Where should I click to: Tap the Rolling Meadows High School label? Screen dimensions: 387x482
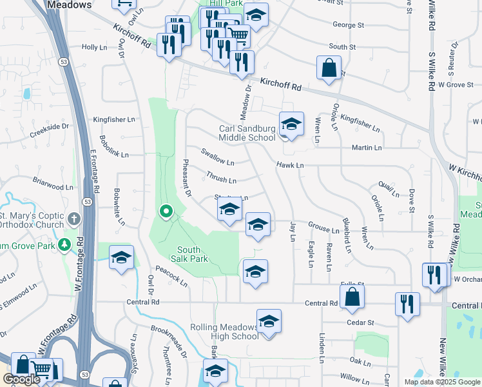coord(224,332)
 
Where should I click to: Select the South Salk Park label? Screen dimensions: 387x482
coord(193,253)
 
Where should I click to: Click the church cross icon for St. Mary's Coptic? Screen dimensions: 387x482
coord(74,219)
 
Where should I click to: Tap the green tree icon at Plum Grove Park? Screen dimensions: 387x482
coord(64,244)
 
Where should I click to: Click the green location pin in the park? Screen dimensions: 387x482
coord(166,210)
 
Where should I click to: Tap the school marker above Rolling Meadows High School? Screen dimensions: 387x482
coord(269,321)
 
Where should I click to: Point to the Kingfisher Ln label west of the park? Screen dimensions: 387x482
coord(114,119)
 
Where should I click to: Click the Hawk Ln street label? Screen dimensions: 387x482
coord(290,166)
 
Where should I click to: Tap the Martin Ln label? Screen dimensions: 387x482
coord(367,148)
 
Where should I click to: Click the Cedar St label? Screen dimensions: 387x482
coord(361,322)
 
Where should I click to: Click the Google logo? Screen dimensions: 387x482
coord(21,379)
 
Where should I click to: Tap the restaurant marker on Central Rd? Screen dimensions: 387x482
coord(407,304)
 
